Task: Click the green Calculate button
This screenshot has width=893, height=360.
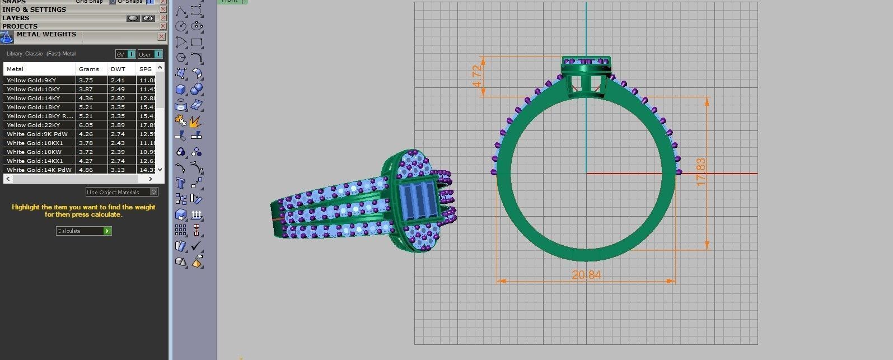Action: tap(107, 231)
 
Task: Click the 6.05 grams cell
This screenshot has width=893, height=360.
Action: tap(86, 125)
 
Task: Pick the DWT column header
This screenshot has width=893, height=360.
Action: tap(118, 69)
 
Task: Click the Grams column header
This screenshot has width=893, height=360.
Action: tap(88, 69)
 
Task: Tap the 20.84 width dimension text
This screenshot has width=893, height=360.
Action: tap(586, 274)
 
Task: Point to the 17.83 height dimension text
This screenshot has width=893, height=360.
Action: tap(700, 172)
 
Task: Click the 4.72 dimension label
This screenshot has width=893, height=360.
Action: tap(477, 76)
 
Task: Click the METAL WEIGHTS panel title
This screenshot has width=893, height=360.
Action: tap(46, 34)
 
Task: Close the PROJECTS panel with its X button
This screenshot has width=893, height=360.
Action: tap(163, 26)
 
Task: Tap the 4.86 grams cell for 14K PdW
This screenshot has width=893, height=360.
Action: tap(86, 170)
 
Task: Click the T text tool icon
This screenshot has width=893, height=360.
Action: tap(180, 183)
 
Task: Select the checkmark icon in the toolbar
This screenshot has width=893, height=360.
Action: tap(196, 245)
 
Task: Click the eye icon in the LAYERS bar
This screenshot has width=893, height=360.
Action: tap(148, 18)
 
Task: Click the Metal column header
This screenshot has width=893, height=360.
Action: tap(15, 69)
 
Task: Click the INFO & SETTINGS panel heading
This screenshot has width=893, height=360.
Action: tap(34, 10)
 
